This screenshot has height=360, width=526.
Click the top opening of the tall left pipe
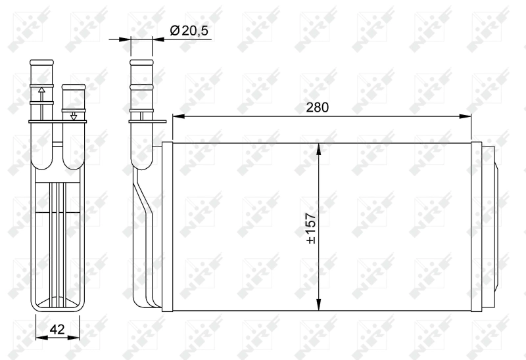coord(41,62)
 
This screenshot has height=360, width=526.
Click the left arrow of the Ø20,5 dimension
coord(125,39)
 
